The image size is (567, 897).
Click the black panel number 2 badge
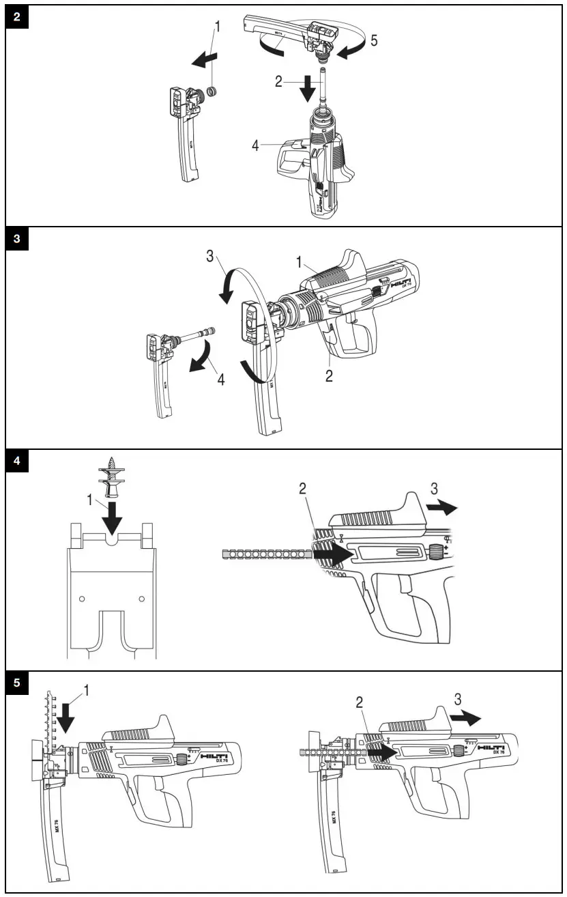(17, 17)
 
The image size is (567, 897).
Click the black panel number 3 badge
(17, 240)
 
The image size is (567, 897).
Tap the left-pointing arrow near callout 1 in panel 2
(203, 61)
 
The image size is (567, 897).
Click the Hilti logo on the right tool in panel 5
(492, 748)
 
